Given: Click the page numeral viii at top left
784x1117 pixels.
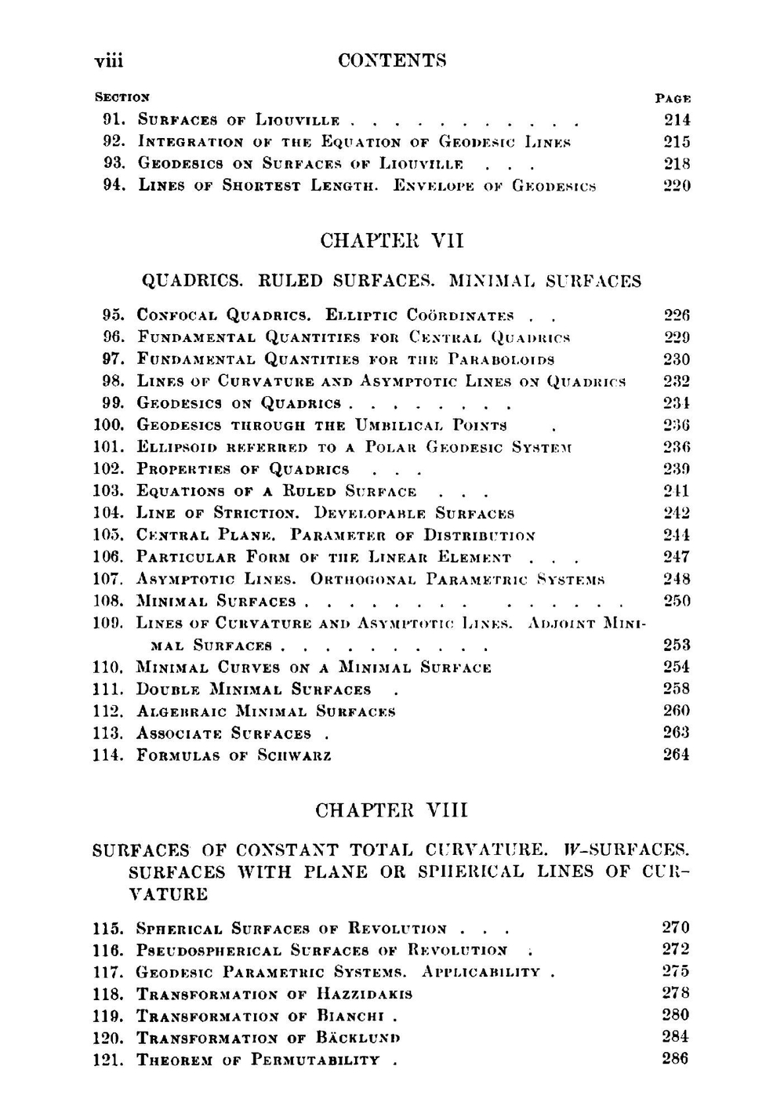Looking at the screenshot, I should point(109,60).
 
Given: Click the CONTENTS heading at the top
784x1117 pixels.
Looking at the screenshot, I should point(392,60).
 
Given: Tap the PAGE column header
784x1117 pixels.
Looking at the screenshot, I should point(673,99).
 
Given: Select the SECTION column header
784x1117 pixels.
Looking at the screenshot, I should point(122,98).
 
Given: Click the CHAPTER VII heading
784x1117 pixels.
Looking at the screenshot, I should point(392,241).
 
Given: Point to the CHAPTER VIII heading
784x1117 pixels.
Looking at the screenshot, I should point(391,810).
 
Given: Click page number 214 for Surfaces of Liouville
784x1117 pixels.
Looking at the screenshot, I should point(676,120).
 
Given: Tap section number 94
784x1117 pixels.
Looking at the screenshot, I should point(115,186).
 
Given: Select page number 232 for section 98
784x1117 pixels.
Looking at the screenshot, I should point(676,381).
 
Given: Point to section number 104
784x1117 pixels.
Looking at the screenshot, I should point(108,513).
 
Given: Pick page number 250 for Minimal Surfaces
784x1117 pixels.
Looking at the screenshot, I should point(676,601).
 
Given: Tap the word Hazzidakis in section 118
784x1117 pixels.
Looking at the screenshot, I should point(365,995).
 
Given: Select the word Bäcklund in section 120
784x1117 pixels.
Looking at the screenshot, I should point(358,1039).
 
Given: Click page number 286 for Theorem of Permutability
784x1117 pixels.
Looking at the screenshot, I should point(675,1059).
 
